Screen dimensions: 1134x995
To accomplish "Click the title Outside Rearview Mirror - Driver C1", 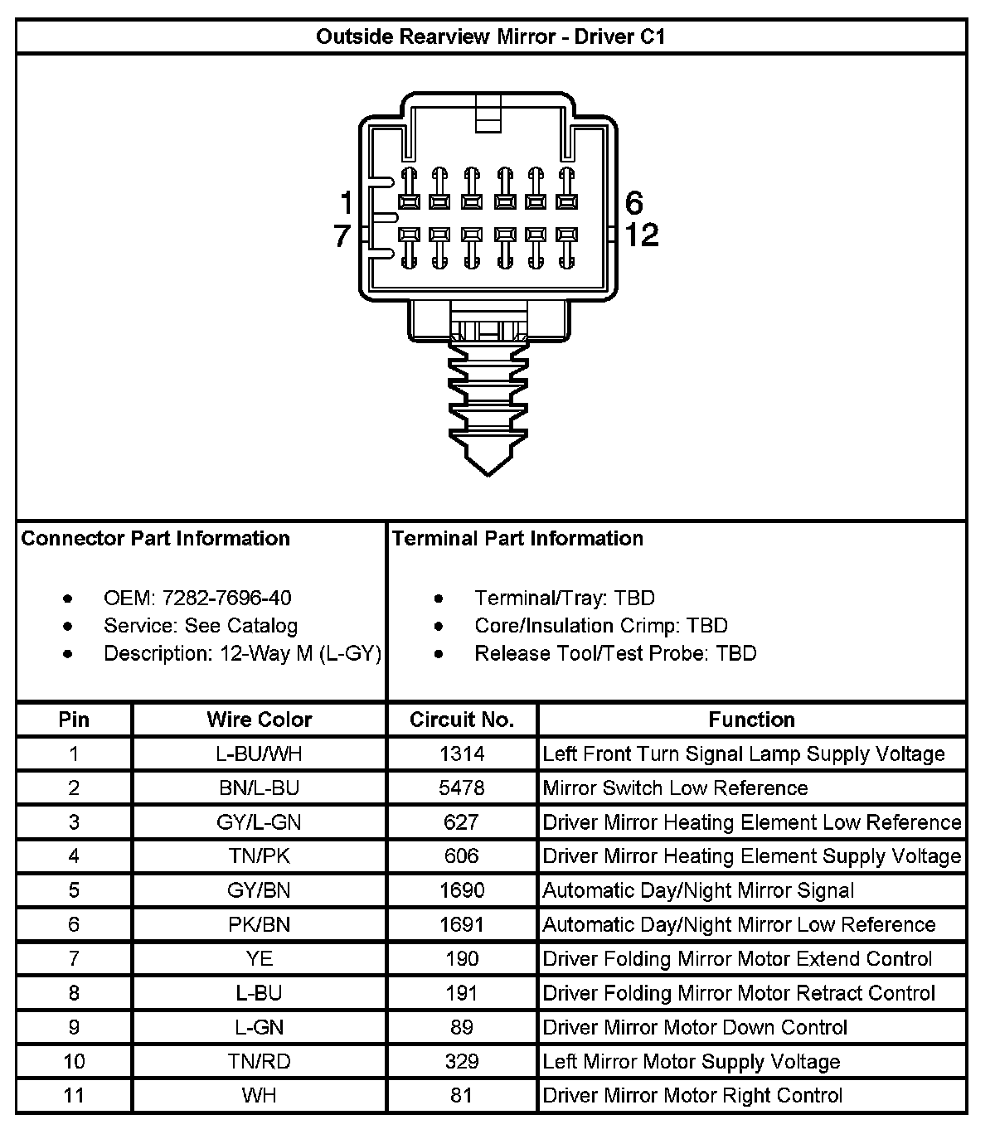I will [491, 37].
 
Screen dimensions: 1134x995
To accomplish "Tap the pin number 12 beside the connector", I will [641, 235].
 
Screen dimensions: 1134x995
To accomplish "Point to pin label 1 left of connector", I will [346, 203].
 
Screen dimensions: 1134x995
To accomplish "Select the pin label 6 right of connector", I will [634, 203].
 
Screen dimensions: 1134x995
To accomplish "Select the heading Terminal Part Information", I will [517, 539].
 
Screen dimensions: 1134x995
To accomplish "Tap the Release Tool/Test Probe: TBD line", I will [615, 653].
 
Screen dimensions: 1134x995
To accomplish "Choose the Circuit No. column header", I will [462, 720].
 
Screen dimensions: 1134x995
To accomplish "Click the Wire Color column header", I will [259, 720].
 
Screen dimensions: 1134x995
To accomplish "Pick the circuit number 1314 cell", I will [462, 754].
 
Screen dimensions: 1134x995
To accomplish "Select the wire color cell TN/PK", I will [259, 856].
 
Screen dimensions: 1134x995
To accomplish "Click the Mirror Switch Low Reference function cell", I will [675, 787].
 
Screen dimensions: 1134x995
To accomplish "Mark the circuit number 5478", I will [462, 787].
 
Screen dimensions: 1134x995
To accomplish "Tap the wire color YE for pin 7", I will [259, 959].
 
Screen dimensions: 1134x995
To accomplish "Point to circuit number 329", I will [462, 1062].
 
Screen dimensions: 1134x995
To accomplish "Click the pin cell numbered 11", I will [74, 1096].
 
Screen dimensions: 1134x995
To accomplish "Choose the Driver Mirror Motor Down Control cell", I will [695, 1028].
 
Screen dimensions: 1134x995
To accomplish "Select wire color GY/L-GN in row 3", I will [259, 822].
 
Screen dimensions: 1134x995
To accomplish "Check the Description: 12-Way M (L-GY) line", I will [242, 653].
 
